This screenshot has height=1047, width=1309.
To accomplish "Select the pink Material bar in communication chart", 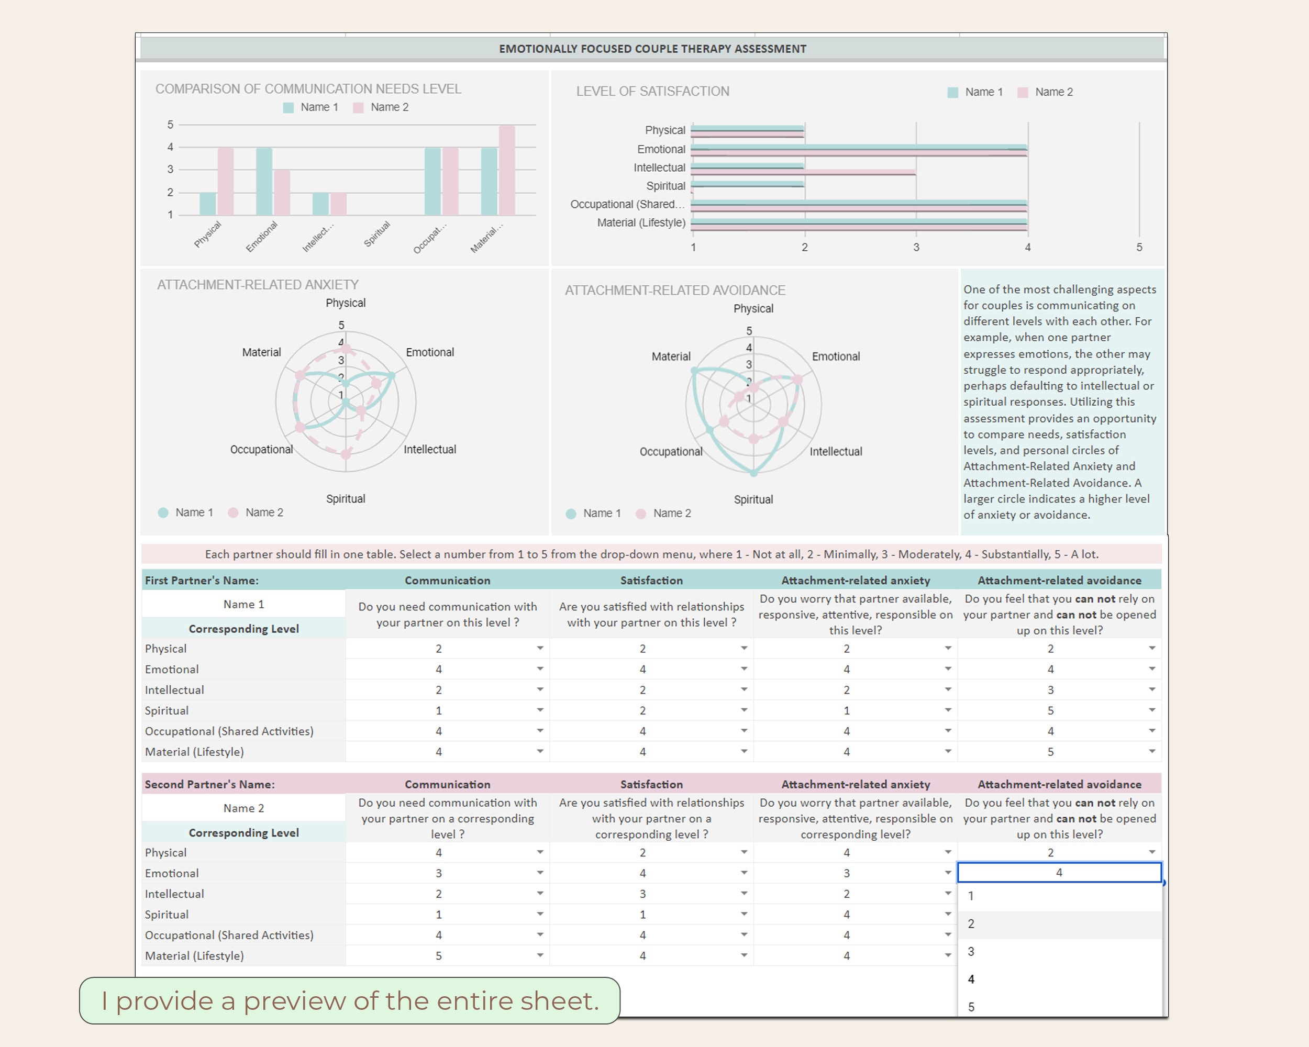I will coord(507,170).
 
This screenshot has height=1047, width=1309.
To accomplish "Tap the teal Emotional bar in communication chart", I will coord(264,181).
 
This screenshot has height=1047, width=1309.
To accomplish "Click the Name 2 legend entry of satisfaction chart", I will coord(1053,92).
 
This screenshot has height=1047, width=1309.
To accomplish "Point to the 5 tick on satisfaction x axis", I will coord(1139,247).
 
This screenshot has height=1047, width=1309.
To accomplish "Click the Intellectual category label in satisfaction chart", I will coord(659,168).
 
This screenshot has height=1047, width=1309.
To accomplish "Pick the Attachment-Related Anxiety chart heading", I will coord(258,285).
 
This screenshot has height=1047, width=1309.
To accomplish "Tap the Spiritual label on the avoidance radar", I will coord(753,499).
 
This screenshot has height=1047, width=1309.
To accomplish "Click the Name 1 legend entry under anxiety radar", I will coord(194,513).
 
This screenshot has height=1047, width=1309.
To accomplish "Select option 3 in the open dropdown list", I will coord(971,951).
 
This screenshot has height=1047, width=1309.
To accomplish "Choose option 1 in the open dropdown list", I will coord(971,895).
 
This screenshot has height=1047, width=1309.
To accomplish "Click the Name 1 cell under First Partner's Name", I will coord(243,604).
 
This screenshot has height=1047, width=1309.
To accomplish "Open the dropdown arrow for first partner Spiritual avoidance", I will coord(1152,710).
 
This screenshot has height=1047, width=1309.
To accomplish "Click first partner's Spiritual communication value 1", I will coord(438,710).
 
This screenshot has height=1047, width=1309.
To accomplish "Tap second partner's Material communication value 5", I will coord(438,955).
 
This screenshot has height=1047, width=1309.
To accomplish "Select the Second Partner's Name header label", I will coord(209,784).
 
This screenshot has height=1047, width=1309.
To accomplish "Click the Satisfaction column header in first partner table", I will coord(651,580).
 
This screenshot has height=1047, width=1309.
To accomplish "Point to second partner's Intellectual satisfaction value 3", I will coord(642,894).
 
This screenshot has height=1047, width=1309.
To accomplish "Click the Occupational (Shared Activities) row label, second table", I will coord(229,935).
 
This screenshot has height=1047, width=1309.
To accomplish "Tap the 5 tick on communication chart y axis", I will coord(171,125).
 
